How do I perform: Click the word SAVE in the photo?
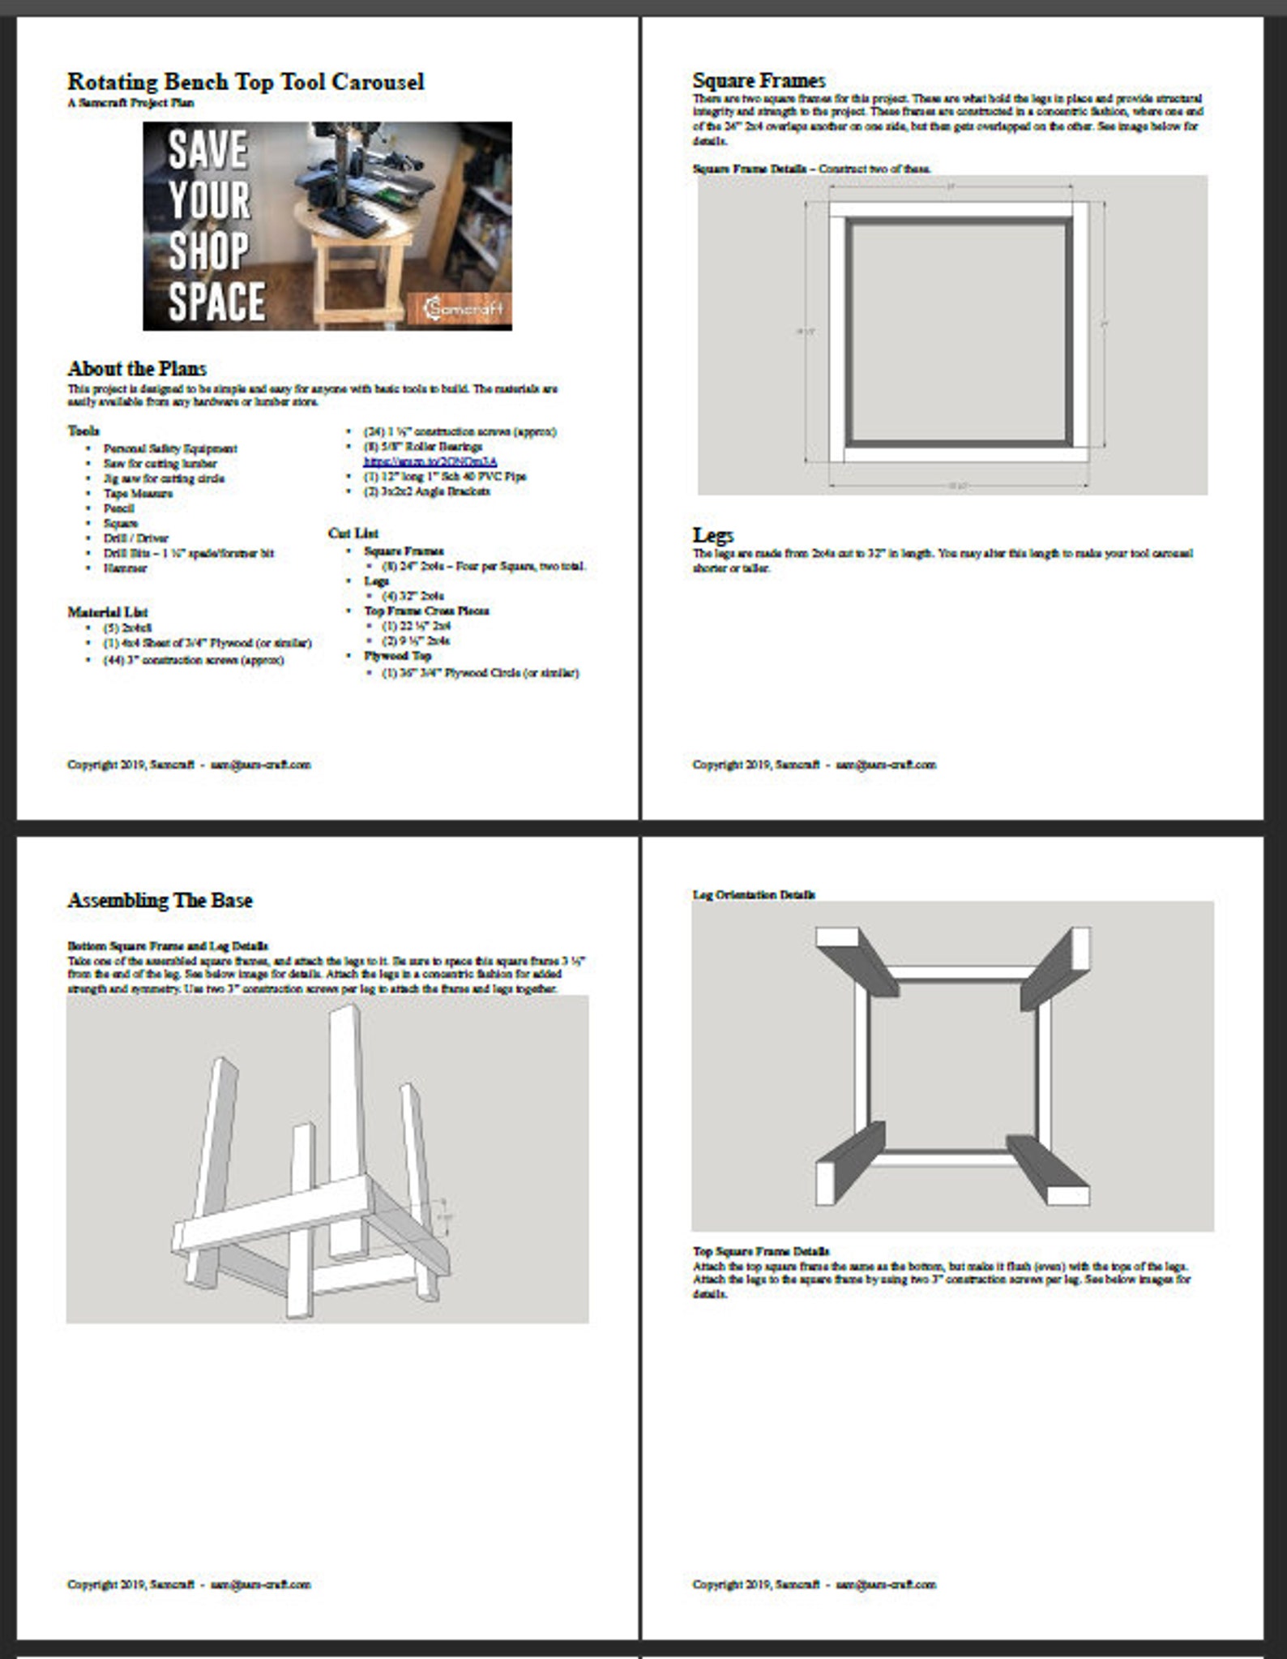pos(207,151)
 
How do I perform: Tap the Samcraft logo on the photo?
pos(464,308)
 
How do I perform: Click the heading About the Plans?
pos(137,368)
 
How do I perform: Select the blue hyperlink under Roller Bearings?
pos(430,461)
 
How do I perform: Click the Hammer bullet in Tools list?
pos(125,568)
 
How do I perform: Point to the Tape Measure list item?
pos(138,493)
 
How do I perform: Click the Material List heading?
pos(107,612)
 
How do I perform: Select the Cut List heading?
pos(353,533)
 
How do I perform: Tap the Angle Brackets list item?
pos(426,491)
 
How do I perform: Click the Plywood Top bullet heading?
pos(397,655)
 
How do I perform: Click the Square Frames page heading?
pos(759,80)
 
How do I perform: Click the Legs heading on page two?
pos(712,535)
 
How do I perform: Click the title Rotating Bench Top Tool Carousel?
pos(246,82)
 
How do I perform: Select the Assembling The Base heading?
pos(160,900)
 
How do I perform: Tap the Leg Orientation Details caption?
pos(754,894)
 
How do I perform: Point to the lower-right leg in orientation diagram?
pos(1050,1168)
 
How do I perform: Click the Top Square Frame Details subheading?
pos(760,1251)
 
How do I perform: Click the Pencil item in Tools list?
pos(118,508)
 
